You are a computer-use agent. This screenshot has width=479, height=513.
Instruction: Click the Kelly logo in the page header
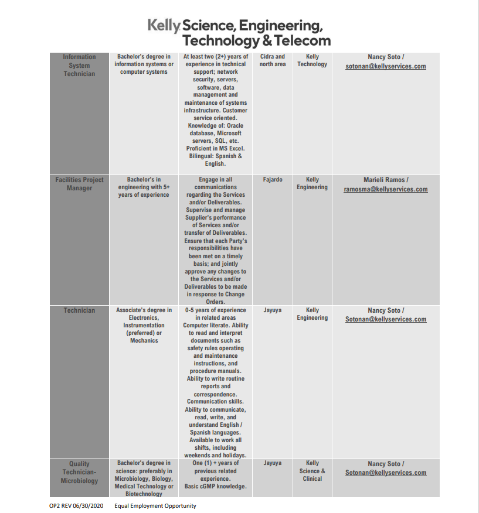click(x=164, y=25)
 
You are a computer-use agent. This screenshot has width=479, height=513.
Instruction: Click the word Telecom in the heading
click(x=301, y=41)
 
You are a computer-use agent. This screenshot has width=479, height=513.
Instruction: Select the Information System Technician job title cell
click(x=79, y=65)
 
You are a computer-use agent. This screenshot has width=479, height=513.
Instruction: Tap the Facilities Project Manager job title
click(x=79, y=184)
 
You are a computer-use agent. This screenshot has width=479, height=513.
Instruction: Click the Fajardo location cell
click(x=273, y=180)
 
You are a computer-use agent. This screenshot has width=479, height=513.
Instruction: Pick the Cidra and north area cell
click(x=273, y=60)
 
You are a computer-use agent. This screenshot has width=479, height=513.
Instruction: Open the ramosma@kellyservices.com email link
click(x=386, y=190)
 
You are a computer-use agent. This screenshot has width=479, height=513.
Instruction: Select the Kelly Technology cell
click(x=312, y=60)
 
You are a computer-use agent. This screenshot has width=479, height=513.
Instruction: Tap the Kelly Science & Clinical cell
click(x=312, y=471)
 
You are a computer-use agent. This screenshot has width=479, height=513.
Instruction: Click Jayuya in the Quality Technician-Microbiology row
click(x=273, y=463)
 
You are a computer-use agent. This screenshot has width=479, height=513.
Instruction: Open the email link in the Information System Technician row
click(x=386, y=67)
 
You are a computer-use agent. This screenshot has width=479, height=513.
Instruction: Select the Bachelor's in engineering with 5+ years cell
click(x=144, y=187)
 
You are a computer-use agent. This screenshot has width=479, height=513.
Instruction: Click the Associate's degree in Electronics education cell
click(x=144, y=325)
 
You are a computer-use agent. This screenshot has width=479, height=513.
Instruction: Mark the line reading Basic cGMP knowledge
click(x=216, y=486)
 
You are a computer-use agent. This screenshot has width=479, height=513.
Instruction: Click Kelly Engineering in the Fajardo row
click(x=312, y=183)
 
